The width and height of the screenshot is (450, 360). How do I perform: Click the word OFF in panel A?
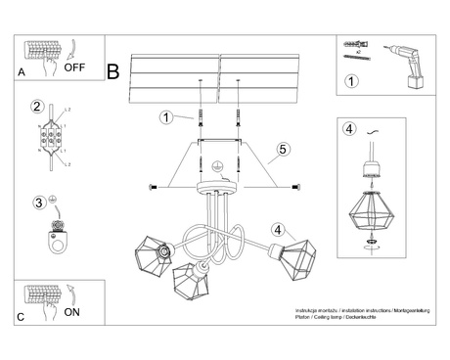pyautogui.click(x=75, y=68)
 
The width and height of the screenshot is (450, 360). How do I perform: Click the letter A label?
pyautogui.click(x=22, y=72)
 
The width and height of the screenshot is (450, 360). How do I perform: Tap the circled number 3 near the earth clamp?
pyautogui.click(x=38, y=202)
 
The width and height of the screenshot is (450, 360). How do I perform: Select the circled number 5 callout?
pyautogui.click(x=282, y=149)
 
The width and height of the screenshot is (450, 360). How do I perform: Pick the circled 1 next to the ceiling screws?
pyautogui.click(x=166, y=117)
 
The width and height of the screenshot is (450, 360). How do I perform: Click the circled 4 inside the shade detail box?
pyautogui.click(x=349, y=128)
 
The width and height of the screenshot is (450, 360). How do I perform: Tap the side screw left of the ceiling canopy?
pyautogui.click(x=152, y=186)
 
